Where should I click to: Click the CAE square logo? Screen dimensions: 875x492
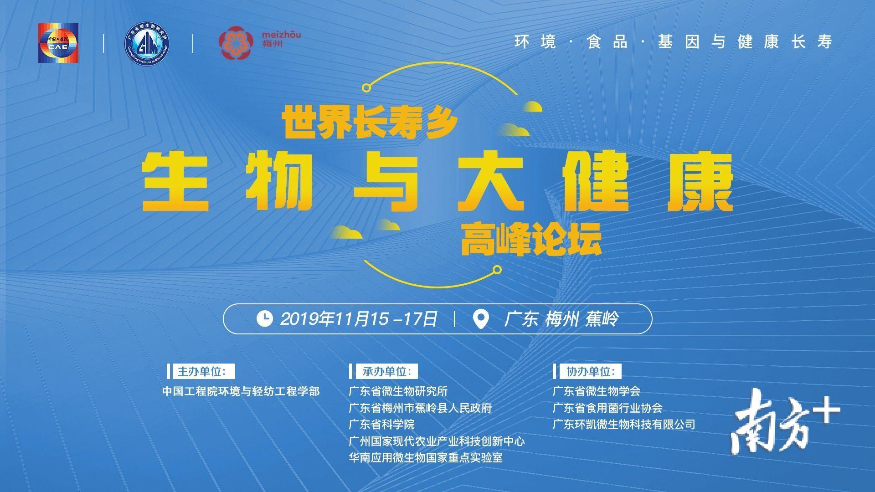[x=58, y=43]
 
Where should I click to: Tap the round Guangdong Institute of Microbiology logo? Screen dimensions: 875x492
[x=147, y=43]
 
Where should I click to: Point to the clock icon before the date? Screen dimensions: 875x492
[x=265, y=318]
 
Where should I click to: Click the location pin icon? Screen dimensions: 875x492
[x=481, y=319]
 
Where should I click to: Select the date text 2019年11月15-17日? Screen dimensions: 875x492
[x=359, y=318]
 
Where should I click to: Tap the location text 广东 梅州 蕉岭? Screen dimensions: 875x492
[x=561, y=318]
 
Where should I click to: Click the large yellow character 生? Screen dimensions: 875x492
[x=176, y=182]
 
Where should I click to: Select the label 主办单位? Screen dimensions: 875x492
[x=201, y=371]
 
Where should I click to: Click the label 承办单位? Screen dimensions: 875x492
[x=384, y=371]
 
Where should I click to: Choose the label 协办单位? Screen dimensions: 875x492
[x=588, y=371]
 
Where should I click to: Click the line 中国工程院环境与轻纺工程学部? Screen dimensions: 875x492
[x=241, y=391]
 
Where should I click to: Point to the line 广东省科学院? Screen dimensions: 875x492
[x=381, y=425]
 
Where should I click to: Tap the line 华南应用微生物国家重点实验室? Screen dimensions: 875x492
[x=426, y=457]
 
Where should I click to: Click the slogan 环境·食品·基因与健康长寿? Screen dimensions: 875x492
[x=674, y=42]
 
